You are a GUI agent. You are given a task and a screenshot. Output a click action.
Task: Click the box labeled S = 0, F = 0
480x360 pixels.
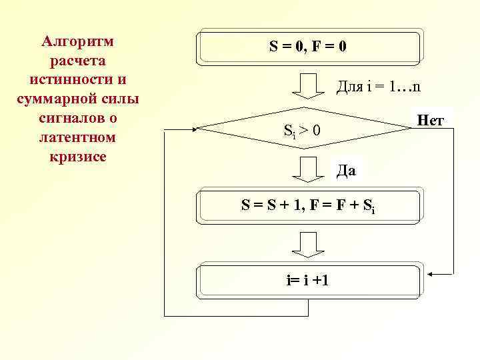point(309,47)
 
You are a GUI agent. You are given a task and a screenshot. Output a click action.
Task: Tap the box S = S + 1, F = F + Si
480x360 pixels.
point(309,206)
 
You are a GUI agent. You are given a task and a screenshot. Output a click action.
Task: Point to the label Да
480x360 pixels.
point(346,171)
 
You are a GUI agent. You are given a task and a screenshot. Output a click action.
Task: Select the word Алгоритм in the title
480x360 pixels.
point(77,41)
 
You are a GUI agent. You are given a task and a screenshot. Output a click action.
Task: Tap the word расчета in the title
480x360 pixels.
point(77,61)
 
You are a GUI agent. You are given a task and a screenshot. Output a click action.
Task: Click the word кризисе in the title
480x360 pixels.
point(77,157)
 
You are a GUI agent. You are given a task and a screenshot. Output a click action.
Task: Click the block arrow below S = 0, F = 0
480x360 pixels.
point(308,86)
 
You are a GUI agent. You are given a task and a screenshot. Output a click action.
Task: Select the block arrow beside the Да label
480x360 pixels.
point(308,169)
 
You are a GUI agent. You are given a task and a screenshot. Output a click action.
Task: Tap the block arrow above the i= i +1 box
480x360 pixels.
point(308,245)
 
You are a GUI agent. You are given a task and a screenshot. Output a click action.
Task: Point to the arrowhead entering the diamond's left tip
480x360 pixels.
point(195,129)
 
